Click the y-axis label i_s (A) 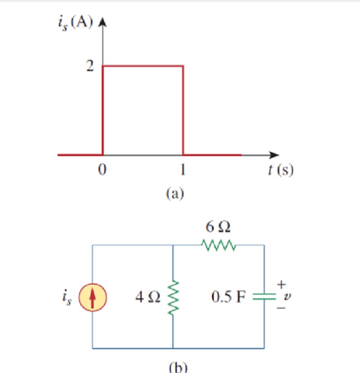[76, 23]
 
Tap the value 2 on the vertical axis [90, 66]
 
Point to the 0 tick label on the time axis [102, 170]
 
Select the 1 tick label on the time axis [183, 170]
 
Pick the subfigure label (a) [175, 193]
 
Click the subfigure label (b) [178, 367]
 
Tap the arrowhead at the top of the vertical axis [103, 22]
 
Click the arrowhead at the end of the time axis [274, 155]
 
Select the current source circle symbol [93, 297]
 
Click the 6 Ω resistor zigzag [219, 245]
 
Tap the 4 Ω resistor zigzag [173, 297]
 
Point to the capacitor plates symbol [264, 297]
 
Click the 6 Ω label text [218, 226]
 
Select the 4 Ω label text [148, 297]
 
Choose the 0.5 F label [229, 297]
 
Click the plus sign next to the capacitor [282, 284]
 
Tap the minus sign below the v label [281, 308]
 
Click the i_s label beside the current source [67, 297]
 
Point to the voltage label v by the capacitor [287, 297]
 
